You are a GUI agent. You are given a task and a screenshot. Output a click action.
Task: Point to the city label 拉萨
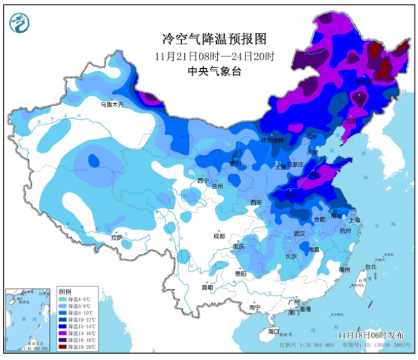[x=117, y=238]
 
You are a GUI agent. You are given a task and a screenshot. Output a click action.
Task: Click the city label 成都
[x=219, y=236]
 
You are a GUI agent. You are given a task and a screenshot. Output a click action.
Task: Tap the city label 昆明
[x=207, y=287]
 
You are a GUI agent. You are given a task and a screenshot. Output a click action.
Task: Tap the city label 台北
[x=370, y=267]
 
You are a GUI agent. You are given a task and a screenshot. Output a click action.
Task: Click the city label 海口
[x=273, y=331]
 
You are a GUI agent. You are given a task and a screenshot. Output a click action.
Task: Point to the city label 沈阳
[x=350, y=122]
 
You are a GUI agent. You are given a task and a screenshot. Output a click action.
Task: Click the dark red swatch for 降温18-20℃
[x=64, y=346]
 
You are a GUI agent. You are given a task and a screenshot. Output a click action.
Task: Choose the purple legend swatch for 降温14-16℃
[x=64, y=332]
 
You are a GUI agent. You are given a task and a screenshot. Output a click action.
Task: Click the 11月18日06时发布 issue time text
[x=371, y=334]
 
